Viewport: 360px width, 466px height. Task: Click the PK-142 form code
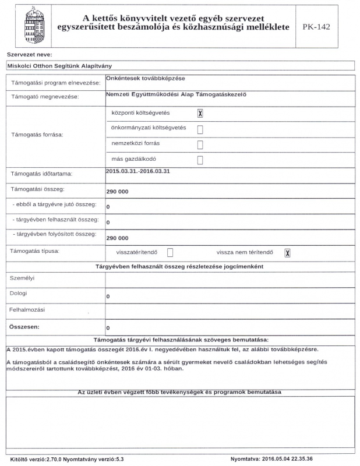[x=317, y=27]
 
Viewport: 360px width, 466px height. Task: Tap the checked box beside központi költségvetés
[x=200, y=114]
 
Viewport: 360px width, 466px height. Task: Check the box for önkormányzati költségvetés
[x=200, y=129]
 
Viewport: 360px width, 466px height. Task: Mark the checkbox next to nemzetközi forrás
[x=200, y=144]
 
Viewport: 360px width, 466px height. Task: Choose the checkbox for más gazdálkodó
[x=200, y=160]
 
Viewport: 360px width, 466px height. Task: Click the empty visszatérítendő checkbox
[x=171, y=252]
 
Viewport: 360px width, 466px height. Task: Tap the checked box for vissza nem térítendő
[x=287, y=252]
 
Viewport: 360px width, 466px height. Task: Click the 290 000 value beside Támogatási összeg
[x=117, y=192]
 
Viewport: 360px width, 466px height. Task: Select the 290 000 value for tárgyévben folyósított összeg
[x=117, y=238]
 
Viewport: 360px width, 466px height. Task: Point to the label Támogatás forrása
[x=37, y=135]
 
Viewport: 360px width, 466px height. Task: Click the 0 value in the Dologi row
[x=108, y=297]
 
